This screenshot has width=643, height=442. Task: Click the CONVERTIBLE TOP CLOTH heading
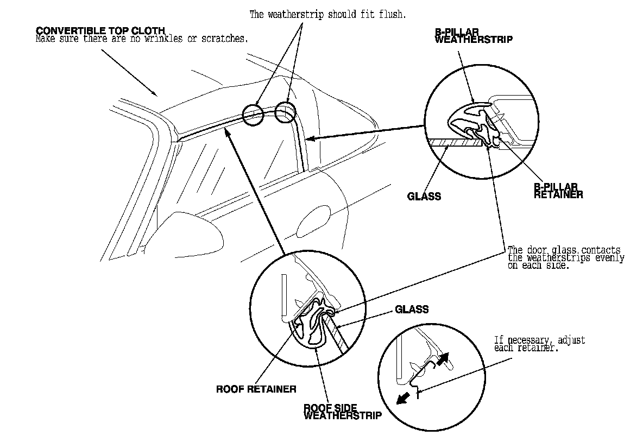(100, 30)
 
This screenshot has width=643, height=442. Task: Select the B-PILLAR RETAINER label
(558, 191)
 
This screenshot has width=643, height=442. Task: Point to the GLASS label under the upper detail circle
(424, 197)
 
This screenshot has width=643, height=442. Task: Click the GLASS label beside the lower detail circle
(411, 310)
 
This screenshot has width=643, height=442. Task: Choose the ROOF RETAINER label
(256, 389)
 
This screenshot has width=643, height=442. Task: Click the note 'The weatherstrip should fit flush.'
(327, 15)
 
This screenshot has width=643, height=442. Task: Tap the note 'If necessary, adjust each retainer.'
(539, 344)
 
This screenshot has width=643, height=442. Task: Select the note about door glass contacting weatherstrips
(565, 258)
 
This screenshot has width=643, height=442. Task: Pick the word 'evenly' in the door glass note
(610, 258)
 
